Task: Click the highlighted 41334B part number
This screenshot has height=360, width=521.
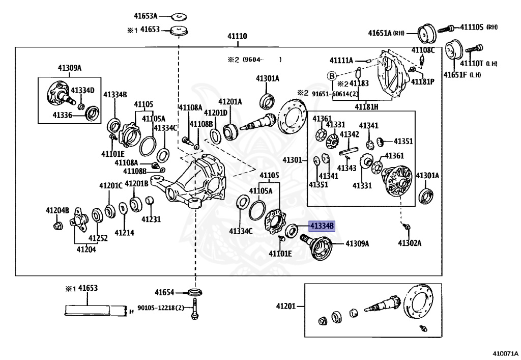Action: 322,227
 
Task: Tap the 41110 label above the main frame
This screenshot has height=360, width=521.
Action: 237,36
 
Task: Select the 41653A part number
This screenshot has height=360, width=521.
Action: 146,16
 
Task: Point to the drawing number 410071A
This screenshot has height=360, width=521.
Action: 505,354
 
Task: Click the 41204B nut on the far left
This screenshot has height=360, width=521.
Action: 58,226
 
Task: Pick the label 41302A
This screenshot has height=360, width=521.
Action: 410,243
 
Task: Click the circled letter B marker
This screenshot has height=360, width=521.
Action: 332,76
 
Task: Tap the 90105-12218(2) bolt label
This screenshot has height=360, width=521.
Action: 161,308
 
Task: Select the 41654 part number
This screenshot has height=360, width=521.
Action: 164,292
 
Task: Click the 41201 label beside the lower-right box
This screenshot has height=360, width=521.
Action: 286,306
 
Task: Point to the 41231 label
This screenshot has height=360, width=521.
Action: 151,219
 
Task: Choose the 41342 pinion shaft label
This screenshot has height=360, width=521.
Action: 350,134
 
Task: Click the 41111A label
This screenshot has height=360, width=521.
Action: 341,60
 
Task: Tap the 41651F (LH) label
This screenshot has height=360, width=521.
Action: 462,75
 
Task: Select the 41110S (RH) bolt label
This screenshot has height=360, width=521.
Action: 479,27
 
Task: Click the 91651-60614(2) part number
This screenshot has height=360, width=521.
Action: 335,94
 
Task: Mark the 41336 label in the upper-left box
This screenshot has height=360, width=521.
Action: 63,115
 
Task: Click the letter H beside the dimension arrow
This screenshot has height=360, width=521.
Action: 132,312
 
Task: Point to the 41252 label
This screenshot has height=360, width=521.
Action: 98,238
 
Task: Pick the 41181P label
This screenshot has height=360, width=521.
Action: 423,81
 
